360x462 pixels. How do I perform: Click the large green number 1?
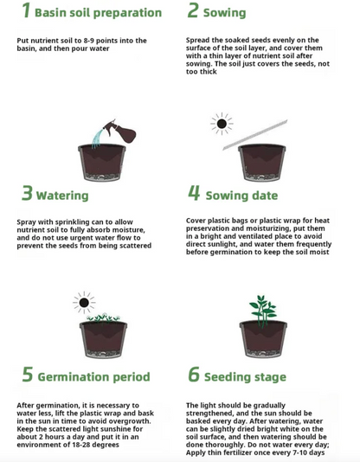point(26,10)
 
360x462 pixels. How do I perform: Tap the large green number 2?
point(193,10)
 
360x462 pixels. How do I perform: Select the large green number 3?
point(27,193)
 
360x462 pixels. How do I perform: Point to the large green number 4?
point(194,193)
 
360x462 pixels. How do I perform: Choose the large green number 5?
point(28,375)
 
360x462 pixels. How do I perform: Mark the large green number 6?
point(194,375)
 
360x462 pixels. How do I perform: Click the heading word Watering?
point(62,196)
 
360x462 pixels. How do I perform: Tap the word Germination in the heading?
point(73,377)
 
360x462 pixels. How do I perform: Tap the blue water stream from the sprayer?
point(97,138)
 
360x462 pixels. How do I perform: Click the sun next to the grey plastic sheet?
point(222,124)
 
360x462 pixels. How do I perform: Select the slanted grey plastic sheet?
point(255,135)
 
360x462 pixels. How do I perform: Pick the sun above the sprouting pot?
point(84,303)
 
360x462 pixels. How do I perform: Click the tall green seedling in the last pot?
point(263,311)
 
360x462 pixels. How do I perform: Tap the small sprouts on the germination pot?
point(103,318)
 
